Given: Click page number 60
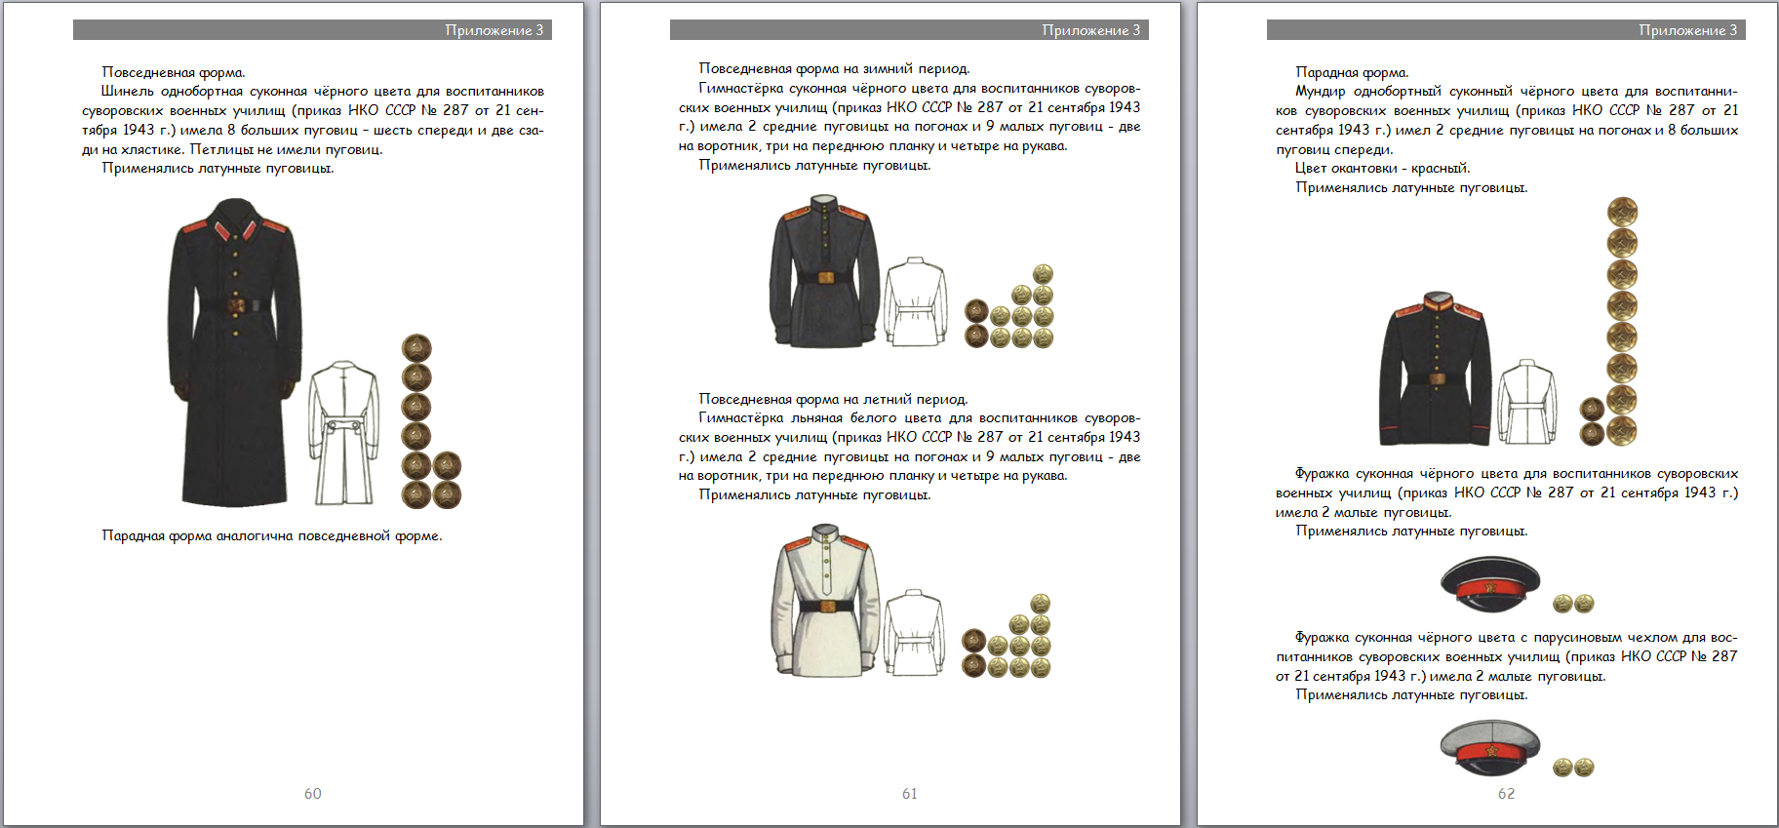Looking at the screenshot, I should [312, 794].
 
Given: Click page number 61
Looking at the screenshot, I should [909, 794].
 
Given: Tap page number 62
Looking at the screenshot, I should [1506, 794].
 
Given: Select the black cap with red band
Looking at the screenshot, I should [1489, 582].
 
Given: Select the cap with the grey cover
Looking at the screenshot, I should [1489, 747].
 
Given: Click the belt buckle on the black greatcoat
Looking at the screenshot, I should [235, 305].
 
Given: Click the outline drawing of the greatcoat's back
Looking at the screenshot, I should [343, 432].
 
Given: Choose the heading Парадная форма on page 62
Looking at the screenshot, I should [1352, 72].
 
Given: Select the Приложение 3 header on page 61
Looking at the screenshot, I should [1090, 30].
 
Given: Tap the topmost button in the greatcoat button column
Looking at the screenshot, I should [416, 348].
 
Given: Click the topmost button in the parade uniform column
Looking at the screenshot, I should [1622, 212].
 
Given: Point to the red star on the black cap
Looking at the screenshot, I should [1489, 588].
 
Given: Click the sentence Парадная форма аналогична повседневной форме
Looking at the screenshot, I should [272, 535].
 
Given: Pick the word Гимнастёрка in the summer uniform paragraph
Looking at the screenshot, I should [740, 418].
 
